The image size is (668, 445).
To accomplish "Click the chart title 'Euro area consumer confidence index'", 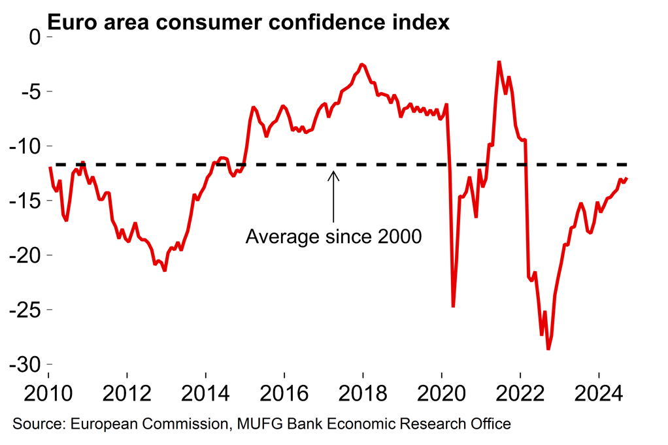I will [249, 22].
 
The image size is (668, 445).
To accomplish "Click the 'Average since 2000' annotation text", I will [333, 237].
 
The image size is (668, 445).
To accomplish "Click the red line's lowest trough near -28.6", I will [548, 349].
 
